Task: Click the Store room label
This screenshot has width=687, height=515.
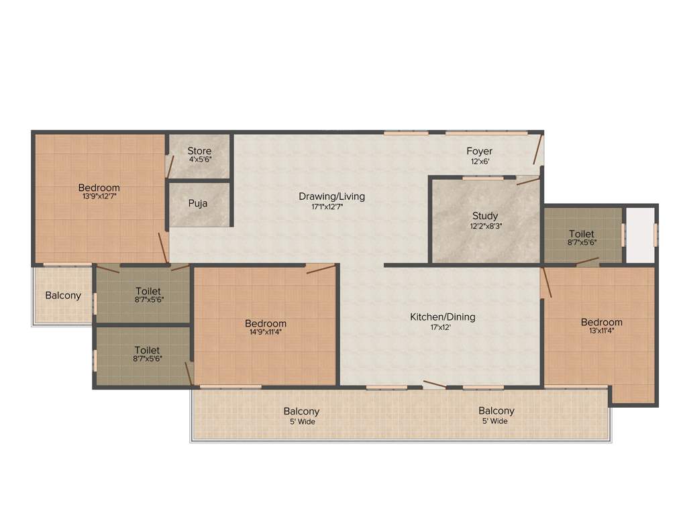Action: (199, 150)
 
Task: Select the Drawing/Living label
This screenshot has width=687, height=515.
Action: (332, 196)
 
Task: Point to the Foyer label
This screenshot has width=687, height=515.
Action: (480, 151)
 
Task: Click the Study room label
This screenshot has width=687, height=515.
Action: (485, 216)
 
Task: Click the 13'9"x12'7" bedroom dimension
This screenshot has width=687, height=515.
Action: (99, 197)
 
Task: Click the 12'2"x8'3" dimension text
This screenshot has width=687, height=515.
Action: (485, 226)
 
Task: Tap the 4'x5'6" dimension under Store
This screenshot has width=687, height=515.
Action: (199, 160)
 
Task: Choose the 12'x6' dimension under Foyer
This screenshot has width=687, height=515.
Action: (480, 161)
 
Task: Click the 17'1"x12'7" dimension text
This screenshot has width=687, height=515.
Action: (332, 207)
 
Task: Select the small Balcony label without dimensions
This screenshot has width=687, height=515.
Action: (63, 295)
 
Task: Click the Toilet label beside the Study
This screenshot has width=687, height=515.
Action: (581, 234)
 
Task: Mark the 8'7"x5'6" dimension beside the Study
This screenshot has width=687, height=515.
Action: (582, 243)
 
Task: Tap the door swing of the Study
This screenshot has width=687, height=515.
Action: (527, 180)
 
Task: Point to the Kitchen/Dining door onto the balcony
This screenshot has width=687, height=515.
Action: (434, 384)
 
